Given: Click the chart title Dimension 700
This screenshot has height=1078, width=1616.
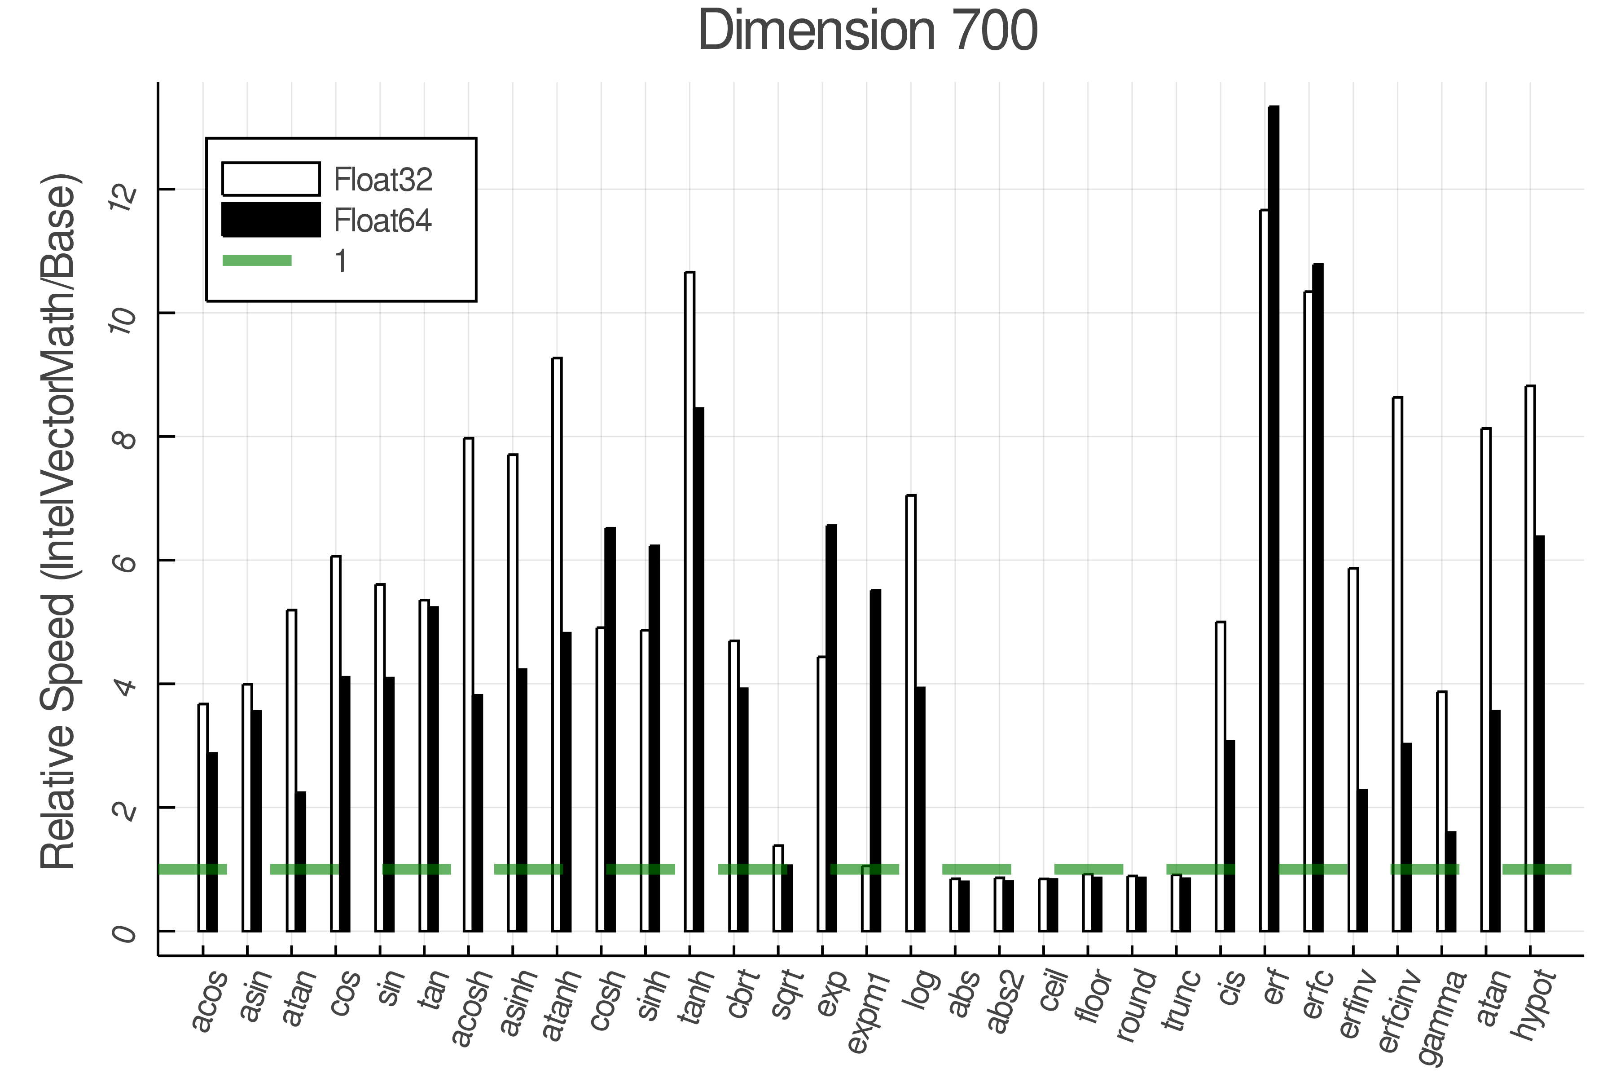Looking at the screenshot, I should pos(867,31).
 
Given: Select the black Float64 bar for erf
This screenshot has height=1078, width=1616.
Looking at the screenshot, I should pos(1273,522).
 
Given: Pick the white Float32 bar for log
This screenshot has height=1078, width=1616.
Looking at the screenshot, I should pos(910,715).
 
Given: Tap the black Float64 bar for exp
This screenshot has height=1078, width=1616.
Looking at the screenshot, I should pos(831,729).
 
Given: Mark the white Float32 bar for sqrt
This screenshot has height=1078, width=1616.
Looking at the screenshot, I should pos(778,890).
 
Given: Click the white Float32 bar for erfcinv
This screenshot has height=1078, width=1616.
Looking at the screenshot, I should pos(1397,667).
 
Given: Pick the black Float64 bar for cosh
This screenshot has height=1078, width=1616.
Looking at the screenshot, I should pos(610,729).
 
